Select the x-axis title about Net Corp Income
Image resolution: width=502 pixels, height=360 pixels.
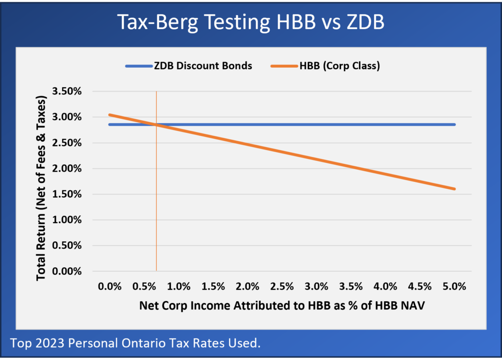click(x=281, y=306)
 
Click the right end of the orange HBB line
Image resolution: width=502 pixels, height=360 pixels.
click(x=454, y=189)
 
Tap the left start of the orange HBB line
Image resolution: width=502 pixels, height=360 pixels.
click(x=109, y=115)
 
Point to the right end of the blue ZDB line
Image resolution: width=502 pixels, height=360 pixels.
click(x=454, y=125)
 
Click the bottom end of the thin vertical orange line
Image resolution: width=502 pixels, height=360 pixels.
click(x=156, y=270)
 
